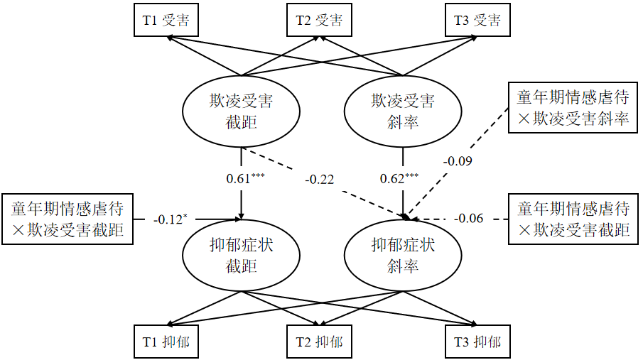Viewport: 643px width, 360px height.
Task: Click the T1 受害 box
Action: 166,20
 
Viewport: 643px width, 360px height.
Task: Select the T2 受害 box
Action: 319,20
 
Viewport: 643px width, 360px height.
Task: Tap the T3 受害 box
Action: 477,20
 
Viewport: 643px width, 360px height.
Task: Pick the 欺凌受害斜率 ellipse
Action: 404,111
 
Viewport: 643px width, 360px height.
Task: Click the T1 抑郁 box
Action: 166,342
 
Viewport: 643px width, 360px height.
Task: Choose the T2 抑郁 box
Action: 319,342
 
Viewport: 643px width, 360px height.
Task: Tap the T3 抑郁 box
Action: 477,342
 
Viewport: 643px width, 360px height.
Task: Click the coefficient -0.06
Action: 469,219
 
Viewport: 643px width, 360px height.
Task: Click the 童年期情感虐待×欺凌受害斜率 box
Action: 573,108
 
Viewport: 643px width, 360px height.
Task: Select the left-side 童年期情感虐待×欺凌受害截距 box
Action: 68,219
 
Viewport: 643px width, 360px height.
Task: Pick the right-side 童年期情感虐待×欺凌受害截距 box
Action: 573,219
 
